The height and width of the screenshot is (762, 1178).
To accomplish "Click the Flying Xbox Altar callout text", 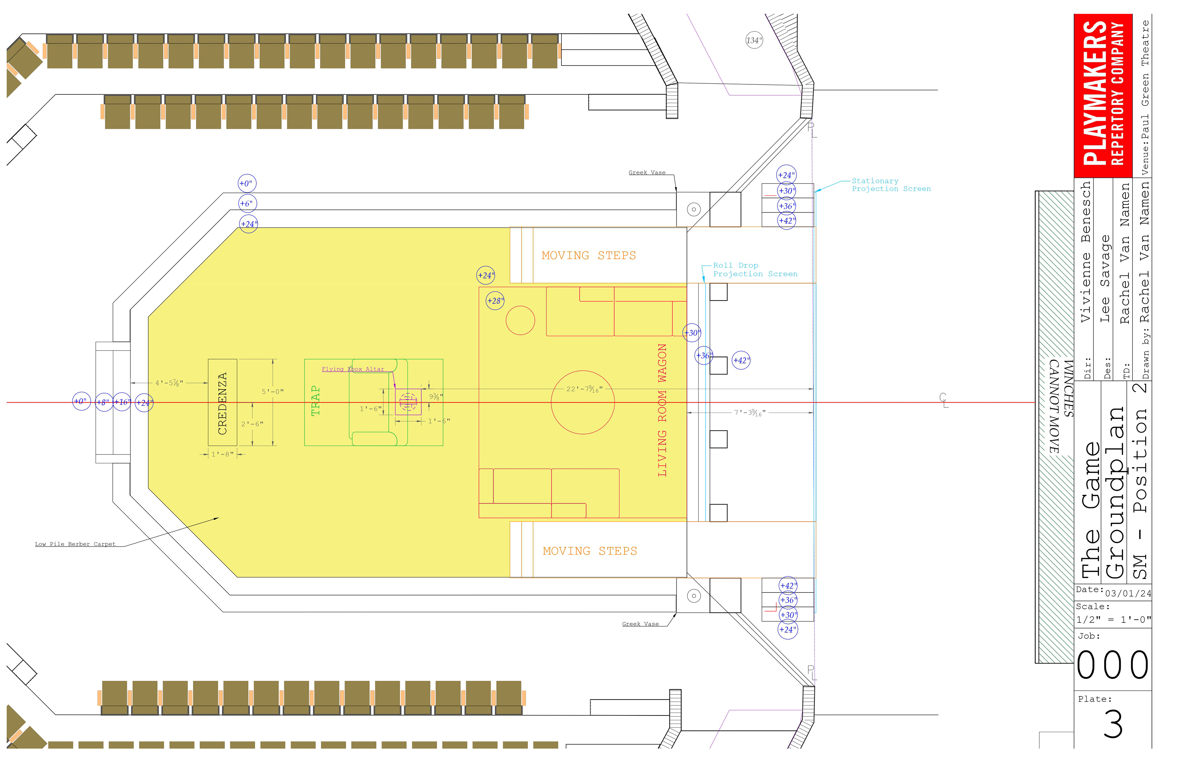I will click(352, 369).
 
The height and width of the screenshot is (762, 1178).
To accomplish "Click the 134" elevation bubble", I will click(754, 40).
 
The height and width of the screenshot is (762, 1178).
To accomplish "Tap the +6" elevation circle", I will click(246, 203).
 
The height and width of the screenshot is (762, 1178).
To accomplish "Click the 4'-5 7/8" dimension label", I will click(169, 383).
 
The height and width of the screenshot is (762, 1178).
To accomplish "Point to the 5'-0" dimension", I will click(272, 391).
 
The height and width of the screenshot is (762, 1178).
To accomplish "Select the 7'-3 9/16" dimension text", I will click(749, 412).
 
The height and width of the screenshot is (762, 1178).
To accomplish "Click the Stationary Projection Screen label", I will click(891, 185).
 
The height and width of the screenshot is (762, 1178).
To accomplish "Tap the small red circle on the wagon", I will click(520, 320).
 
